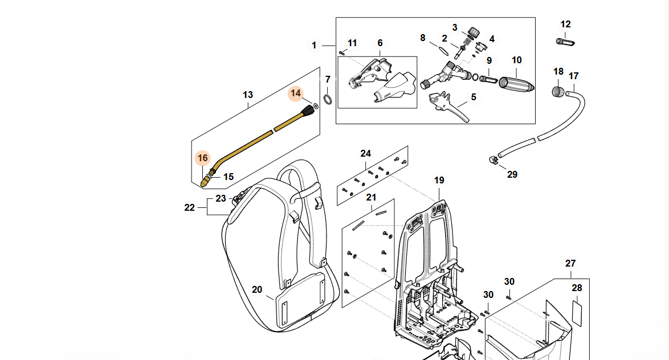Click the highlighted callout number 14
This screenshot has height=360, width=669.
[296, 93]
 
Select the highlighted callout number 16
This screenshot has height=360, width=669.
[203, 158]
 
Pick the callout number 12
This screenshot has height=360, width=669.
[565, 24]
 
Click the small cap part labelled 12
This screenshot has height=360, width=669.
[565, 42]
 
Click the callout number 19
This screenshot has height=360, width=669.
[439, 181]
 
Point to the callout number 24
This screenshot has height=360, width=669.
[365, 154]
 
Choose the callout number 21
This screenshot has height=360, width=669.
[372, 198]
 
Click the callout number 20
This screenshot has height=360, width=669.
[257, 290]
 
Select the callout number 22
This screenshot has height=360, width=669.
[190, 208]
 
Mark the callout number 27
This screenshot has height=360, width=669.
[570, 264]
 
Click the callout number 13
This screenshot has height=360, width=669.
[247, 95]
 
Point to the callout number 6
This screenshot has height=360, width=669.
[380, 43]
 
